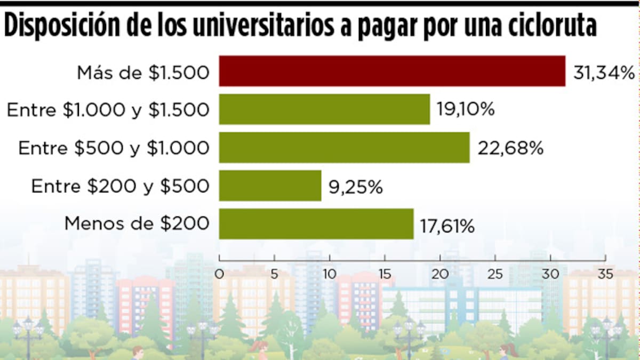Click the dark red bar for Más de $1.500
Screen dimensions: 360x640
pyautogui.click(x=392, y=71)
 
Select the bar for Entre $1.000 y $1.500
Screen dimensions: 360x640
pyautogui.click(x=324, y=109)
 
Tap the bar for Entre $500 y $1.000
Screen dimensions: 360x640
pyautogui.click(x=344, y=147)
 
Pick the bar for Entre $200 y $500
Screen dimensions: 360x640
pyautogui.click(x=270, y=186)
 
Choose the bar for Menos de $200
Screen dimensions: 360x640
pyautogui.click(x=316, y=224)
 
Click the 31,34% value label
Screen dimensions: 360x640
pyautogui.click(x=603, y=73)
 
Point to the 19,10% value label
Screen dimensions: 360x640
pyautogui.click(x=466, y=110)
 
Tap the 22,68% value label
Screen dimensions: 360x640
pyautogui.click(x=510, y=148)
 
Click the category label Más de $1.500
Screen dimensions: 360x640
pyautogui.click(x=142, y=73)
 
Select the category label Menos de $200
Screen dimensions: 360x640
pyautogui.click(x=137, y=223)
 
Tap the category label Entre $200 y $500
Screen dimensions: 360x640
pyautogui.click(x=120, y=186)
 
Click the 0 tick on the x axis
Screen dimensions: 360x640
pyautogui.click(x=219, y=275)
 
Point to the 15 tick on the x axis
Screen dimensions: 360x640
pyautogui.click(x=385, y=275)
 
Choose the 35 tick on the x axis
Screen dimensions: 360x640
pyautogui.click(x=605, y=275)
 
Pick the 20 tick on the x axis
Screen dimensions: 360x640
pyautogui.click(x=440, y=275)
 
